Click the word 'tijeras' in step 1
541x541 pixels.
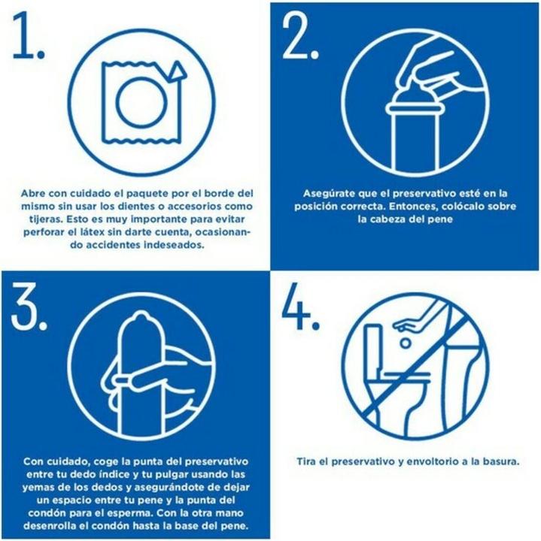point(47,219)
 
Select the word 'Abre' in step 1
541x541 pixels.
point(33,193)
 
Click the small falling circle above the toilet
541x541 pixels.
point(406,343)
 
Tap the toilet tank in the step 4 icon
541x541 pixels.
point(372,348)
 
